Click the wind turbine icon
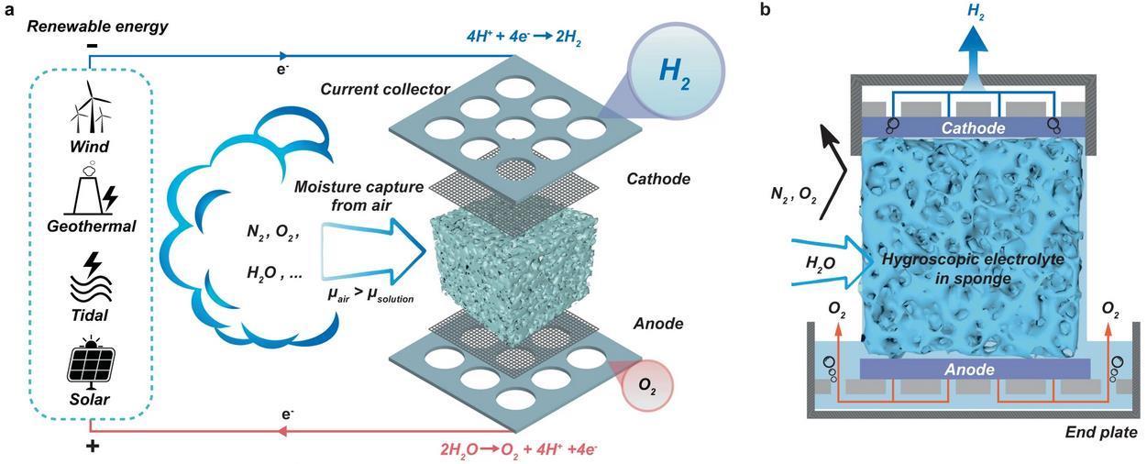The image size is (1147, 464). [x=89, y=108]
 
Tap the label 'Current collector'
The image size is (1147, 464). [x=372, y=90]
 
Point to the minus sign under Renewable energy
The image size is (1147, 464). [x=92, y=46]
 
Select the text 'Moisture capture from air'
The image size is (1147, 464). [x=359, y=195]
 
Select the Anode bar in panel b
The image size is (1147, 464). [x=974, y=369]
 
